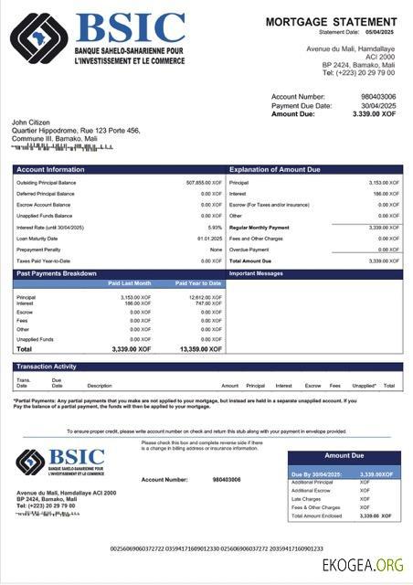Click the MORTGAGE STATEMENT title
pyautogui.click(x=333, y=21)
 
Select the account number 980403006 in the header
pyautogui.click(x=378, y=96)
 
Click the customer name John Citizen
pyautogui.click(x=31, y=122)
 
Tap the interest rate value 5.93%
pyautogui.click(x=215, y=227)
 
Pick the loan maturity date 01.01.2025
pyautogui.click(x=210, y=238)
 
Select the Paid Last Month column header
pyautogui.click(x=131, y=283)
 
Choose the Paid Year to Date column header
pyautogui.click(x=199, y=283)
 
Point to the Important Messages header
pyautogui.click(x=257, y=273)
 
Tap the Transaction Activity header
pyautogui.click(x=47, y=367)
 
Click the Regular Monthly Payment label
pyautogui.click(x=259, y=227)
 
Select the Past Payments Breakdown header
pyautogui.click(x=57, y=273)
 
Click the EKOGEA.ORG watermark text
pyautogui.click(x=362, y=567)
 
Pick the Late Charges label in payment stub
pyautogui.click(x=306, y=499)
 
